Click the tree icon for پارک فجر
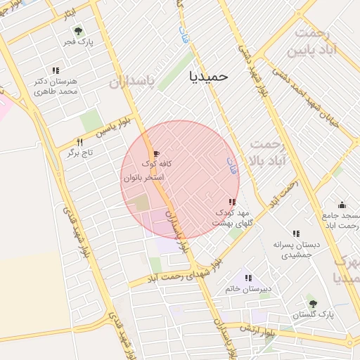[x=77, y=31]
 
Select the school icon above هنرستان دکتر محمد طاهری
[x=56, y=70]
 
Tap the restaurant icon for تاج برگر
[x=79, y=142]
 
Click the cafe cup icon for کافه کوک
[x=155, y=153]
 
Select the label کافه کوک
[x=157, y=164]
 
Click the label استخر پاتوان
[x=143, y=178]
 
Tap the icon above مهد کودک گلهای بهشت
[x=232, y=202]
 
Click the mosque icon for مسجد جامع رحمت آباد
[x=342, y=205]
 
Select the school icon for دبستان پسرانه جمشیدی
[x=296, y=233]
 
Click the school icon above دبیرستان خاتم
[x=247, y=278]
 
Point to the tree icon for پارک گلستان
[x=313, y=304]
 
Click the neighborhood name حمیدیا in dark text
[x=210, y=76]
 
